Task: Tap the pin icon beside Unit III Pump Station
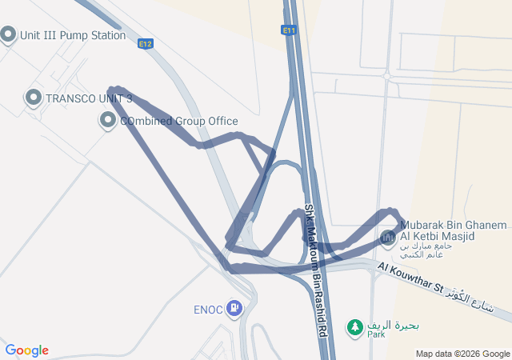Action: pos(8,34)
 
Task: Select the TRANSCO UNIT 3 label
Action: pos(89,98)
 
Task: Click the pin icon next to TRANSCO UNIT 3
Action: pos(33,98)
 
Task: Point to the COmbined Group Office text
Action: pos(178,122)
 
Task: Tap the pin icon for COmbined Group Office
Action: pos(108,121)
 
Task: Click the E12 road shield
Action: pos(145,44)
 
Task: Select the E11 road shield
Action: pos(289,30)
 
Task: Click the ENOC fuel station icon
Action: pos(234,307)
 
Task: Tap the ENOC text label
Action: pos(208,308)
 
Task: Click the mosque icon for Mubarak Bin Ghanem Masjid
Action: pos(387,238)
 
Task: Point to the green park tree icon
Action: pos(354,326)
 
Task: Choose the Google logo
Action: pos(26,350)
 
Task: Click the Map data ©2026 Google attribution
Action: pos(462,354)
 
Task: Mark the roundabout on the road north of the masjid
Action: pos(387,77)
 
